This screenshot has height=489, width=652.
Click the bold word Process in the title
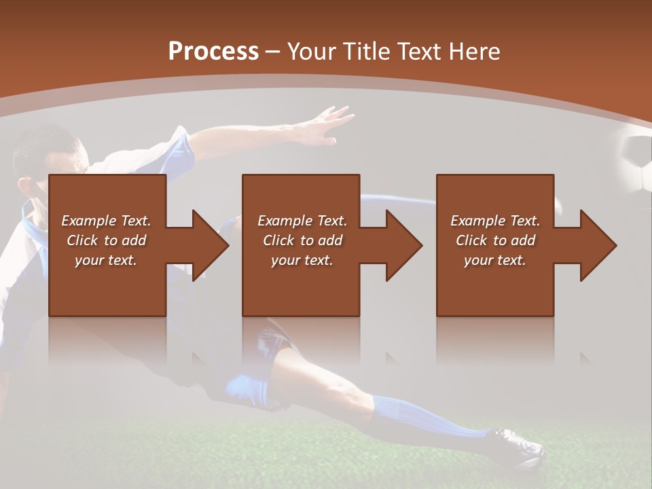[213, 52]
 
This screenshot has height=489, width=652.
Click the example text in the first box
[107, 240]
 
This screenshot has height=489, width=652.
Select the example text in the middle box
[302, 240]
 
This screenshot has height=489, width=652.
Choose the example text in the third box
[495, 240]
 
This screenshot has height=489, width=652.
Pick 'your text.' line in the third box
[495, 260]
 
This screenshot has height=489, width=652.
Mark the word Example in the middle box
[283, 221]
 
